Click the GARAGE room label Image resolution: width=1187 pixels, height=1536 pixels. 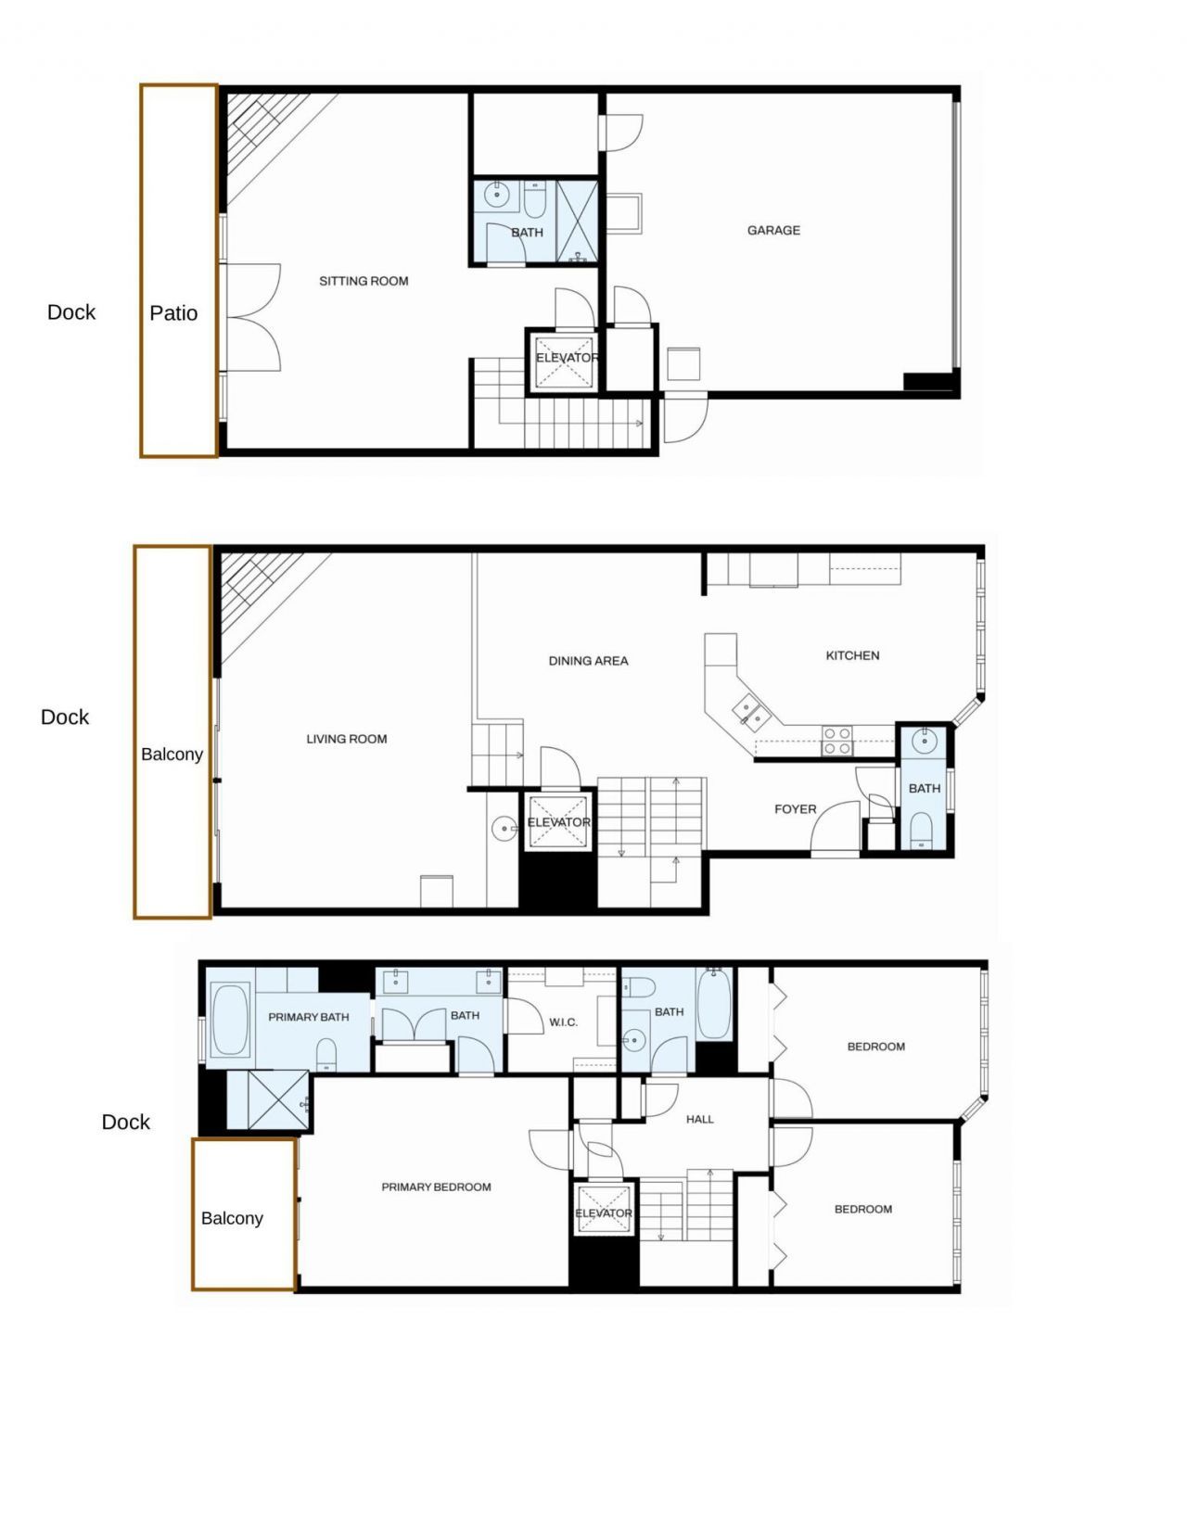(773, 230)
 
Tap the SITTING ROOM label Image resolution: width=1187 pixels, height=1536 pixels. (364, 281)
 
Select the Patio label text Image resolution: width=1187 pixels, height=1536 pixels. (173, 313)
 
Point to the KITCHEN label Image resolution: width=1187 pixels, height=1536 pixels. (852, 655)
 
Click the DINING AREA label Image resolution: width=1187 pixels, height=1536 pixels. (588, 661)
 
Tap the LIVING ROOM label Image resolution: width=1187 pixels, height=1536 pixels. (346, 739)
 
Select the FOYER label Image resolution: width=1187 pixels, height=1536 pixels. (795, 809)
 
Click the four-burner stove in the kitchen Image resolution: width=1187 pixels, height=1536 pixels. (836, 741)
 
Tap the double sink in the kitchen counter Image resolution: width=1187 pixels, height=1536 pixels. (752, 713)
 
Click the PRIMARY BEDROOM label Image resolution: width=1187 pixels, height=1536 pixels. (436, 1187)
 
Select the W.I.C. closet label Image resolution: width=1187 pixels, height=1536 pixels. (563, 1022)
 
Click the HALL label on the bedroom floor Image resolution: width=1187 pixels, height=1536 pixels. (699, 1119)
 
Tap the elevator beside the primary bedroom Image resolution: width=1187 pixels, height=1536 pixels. (603, 1210)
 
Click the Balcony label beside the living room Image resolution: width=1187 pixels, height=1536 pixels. (172, 755)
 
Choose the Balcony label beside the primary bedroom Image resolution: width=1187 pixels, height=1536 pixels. (232, 1218)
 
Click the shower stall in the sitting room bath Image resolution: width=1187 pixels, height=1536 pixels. (577, 222)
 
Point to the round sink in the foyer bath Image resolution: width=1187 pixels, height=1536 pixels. (924, 741)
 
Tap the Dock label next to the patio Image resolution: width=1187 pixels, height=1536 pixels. (71, 312)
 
